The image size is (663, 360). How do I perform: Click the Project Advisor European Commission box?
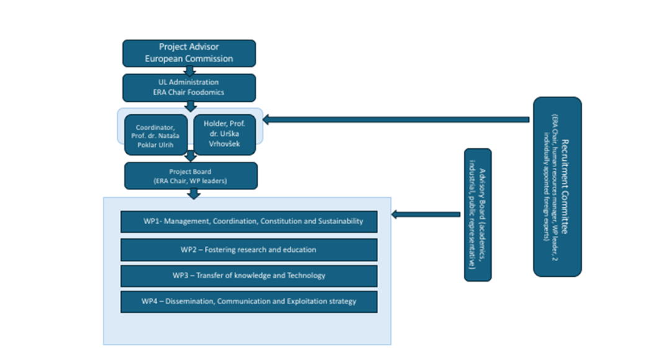click(189, 53)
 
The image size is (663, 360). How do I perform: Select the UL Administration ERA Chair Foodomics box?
click(189, 88)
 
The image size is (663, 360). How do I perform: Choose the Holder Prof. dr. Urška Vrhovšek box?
click(224, 134)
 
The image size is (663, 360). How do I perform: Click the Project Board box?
click(191, 176)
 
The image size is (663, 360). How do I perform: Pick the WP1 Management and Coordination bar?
click(248, 222)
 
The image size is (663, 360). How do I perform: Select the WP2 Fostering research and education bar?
click(248, 250)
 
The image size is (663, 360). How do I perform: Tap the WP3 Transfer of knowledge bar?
click(248, 276)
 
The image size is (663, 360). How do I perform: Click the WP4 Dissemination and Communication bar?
click(248, 302)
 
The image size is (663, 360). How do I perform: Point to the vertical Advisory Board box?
click(477, 215)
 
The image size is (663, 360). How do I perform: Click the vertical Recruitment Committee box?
click(557, 186)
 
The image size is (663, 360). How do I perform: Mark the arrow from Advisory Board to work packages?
click(426, 215)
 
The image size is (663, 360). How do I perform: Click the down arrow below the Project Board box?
click(194, 194)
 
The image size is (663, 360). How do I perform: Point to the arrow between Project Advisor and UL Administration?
click(190, 71)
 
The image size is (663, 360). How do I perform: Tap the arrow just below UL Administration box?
click(191, 106)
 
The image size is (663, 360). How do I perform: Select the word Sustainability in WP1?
click(340, 222)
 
